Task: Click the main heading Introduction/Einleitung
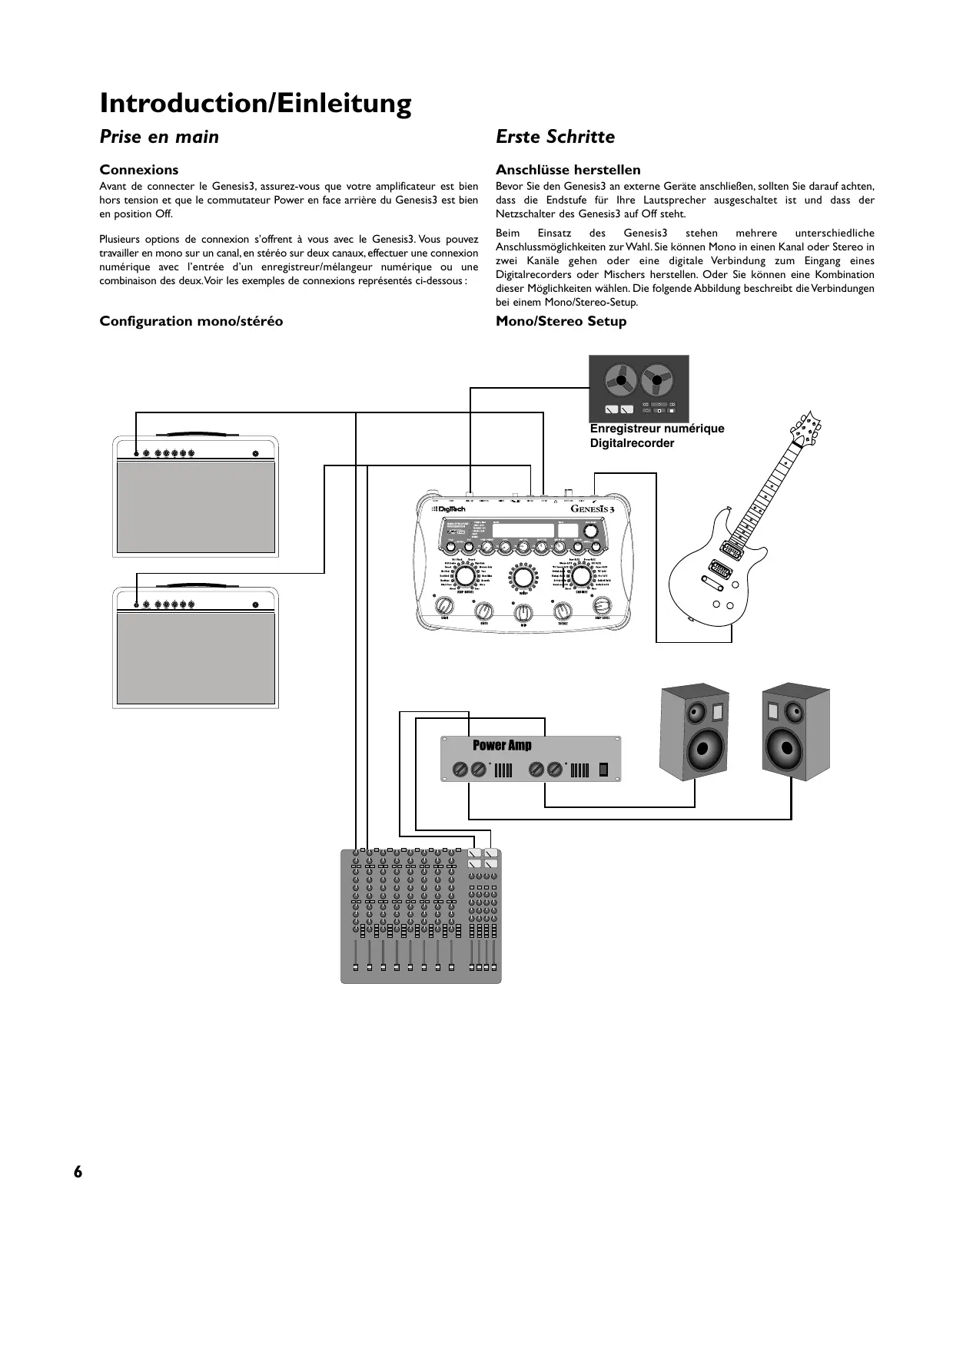click(255, 103)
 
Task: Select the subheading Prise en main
click(159, 137)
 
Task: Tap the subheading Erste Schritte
click(555, 137)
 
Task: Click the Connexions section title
click(139, 170)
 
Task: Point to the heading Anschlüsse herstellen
click(568, 170)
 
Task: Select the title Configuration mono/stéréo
click(191, 321)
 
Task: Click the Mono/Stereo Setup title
click(561, 321)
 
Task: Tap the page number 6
click(78, 1171)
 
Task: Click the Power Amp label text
click(502, 745)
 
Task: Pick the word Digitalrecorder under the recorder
click(632, 443)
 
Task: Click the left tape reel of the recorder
click(619, 379)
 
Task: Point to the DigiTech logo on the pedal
click(449, 509)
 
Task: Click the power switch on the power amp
click(604, 769)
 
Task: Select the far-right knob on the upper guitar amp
click(255, 453)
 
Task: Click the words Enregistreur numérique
click(657, 429)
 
